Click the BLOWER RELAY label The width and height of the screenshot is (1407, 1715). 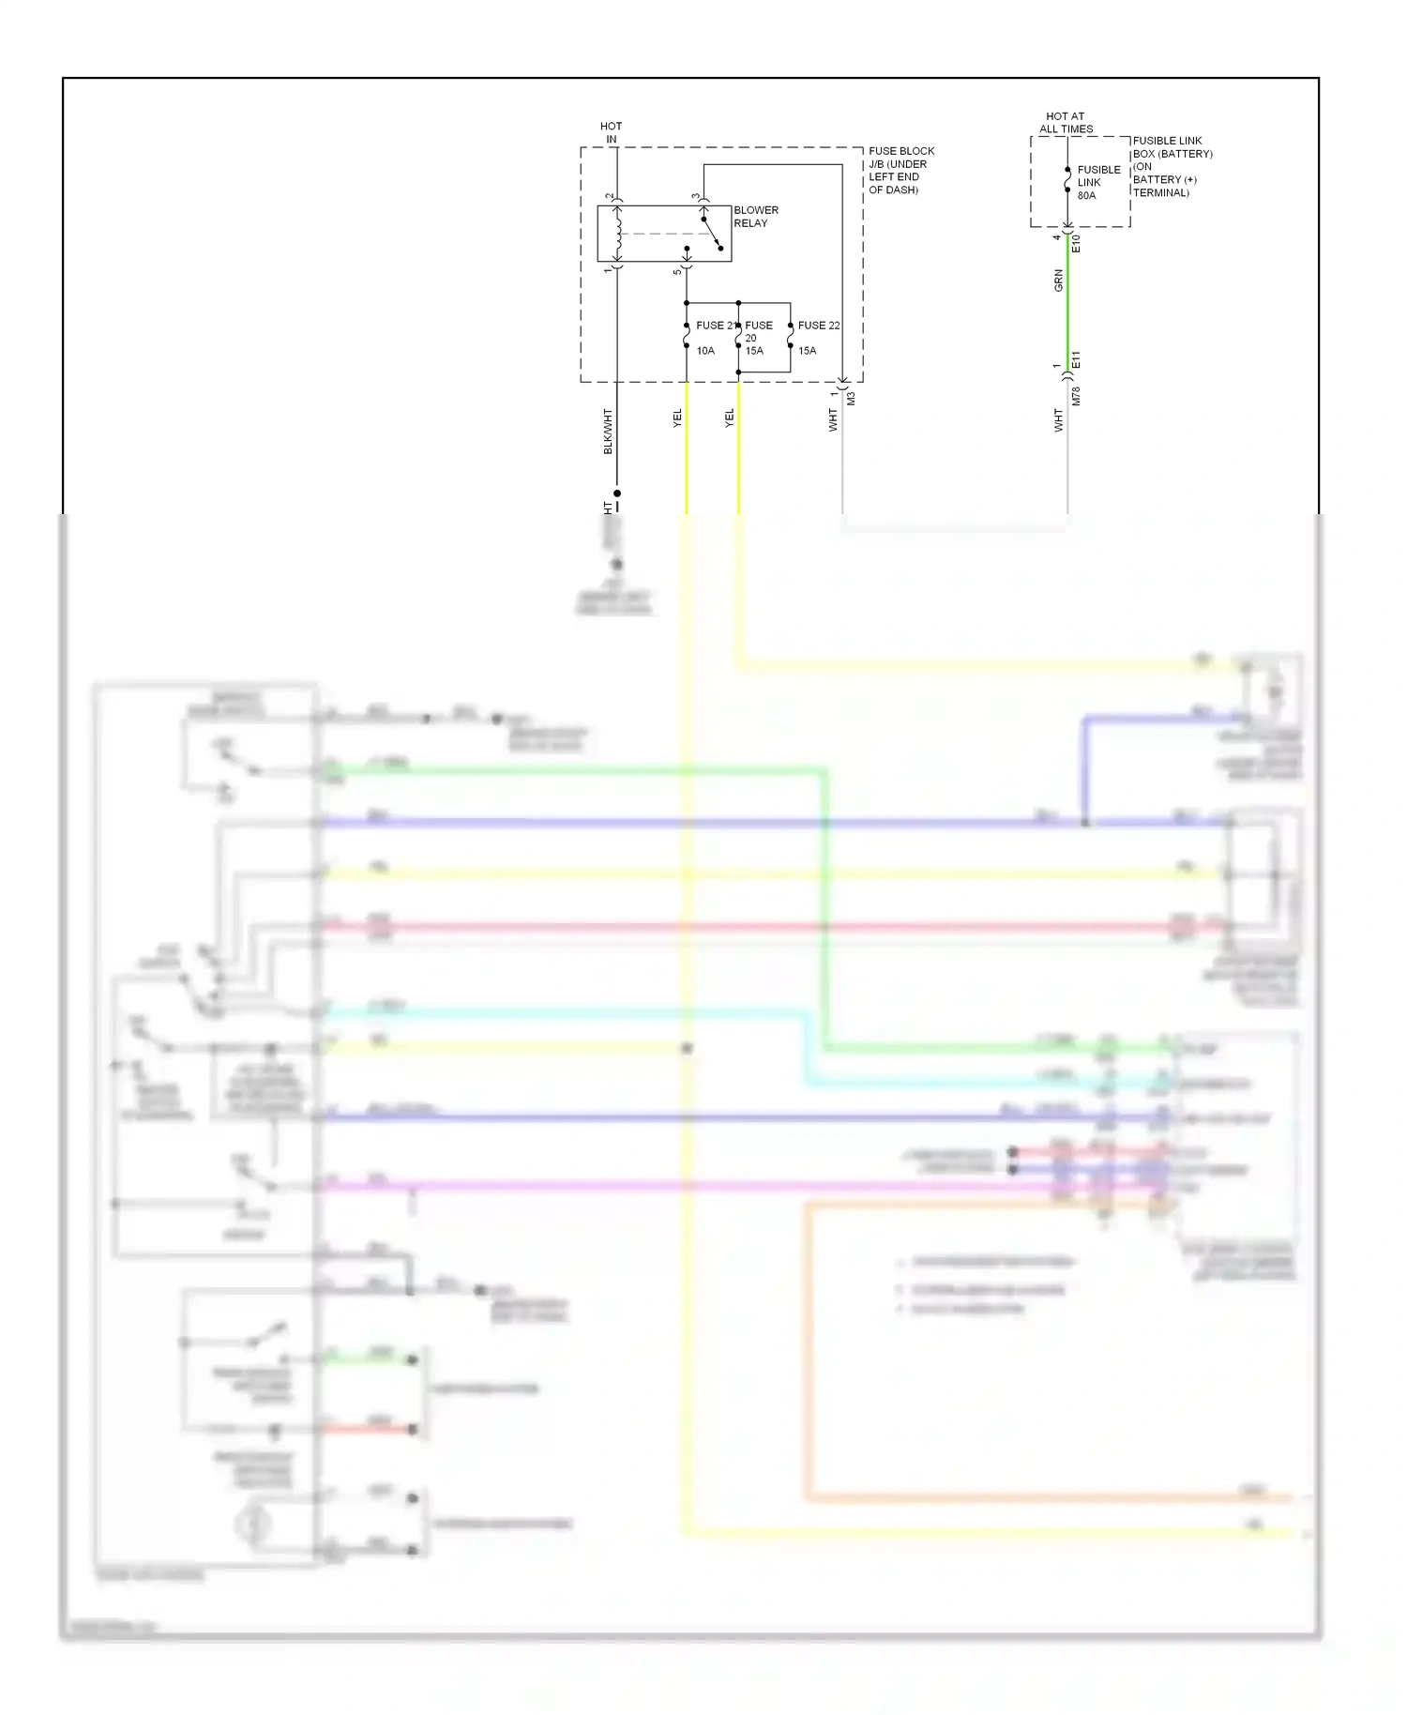[x=755, y=217]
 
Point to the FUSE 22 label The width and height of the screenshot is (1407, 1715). [x=818, y=326]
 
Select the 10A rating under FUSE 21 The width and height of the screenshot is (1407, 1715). [x=705, y=351]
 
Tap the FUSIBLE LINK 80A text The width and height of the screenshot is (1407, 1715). [x=1097, y=183]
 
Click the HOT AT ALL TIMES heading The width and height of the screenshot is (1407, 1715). [x=1066, y=123]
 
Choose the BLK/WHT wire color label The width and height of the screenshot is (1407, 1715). [x=608, y=432]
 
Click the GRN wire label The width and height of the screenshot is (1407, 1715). [x=1059, y=281]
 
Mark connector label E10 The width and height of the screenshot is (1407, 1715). [x=1077, y=244]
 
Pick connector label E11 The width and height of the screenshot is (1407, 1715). [x=1077, y=359]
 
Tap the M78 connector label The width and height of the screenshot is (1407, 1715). [x=1077, y=396]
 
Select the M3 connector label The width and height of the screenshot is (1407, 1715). [x=852, y=399]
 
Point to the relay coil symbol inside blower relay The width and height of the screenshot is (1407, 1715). [x=617, y=235]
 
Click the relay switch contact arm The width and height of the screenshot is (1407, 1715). [x=711, y=234]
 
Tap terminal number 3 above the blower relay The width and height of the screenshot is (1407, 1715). [x=696, y=197]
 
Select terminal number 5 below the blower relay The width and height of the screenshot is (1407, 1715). [x=677, y=272]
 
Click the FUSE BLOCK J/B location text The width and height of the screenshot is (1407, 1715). [x=900, y=170]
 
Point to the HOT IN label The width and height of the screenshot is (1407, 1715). [x=611, y=132]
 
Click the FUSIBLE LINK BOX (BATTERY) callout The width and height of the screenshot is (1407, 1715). [x=1172, y=166]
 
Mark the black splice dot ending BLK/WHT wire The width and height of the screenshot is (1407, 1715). [x=617, y=493]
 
